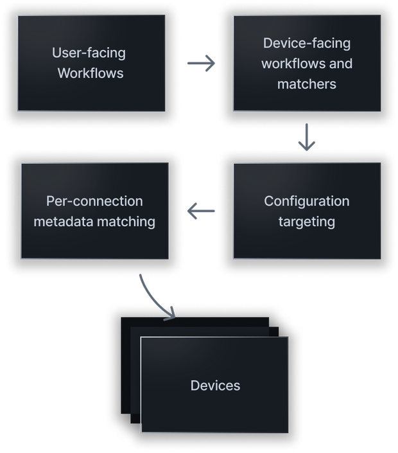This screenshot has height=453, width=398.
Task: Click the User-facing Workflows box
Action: click(x=91, y=63)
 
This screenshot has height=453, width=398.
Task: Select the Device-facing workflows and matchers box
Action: click(x=306, y=63)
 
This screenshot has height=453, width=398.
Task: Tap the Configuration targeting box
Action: click(x=306, y=211)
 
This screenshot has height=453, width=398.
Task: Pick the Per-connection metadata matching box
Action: click(x=94, y=211)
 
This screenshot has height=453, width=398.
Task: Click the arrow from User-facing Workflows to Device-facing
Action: click(x=200, y=63)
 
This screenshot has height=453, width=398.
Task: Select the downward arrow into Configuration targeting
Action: click(x=307, y=138)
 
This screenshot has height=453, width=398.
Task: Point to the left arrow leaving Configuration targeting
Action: click(x=200, y=211)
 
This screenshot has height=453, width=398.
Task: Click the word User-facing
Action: click(x=89, y=53)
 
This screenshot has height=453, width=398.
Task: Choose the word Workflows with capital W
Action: click(x=90, y=73)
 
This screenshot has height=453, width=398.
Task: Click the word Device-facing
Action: click(x=306, y=43)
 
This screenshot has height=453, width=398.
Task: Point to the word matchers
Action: click(x=306, y=84)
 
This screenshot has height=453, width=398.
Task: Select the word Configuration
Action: click(x=306, y=201)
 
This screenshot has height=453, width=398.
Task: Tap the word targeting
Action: click(x=306, y=222)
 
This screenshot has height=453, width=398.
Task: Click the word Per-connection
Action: click(x=94, y=201)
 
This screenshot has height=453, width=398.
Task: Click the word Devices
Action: click(x=215, y=386)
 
